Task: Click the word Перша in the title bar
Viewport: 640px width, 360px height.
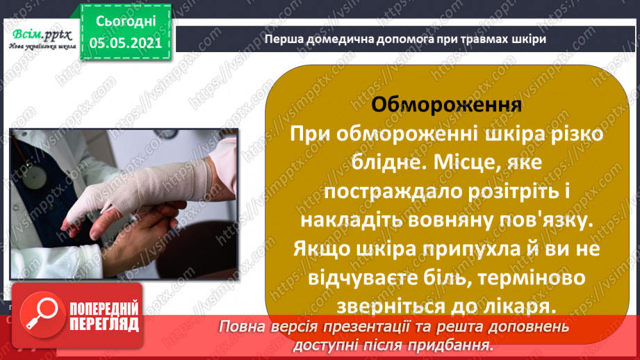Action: (x=280, y=39)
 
